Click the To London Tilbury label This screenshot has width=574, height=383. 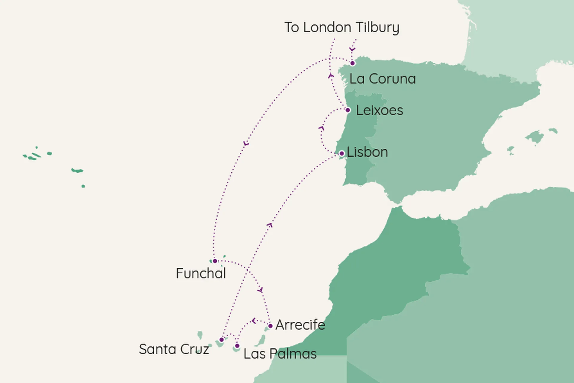pyautogui.click(x=341, y=28)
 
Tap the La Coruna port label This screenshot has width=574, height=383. pyautogui.click(x=382, y=79)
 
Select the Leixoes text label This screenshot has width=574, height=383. pyautogui.click(x=379, y=110)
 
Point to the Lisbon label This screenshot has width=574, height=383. pyautogui.click(x=367, y=152)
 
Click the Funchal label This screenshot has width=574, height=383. pyautogui.click(x=201, y=273)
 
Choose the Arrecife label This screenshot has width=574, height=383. pyautogui.click(x=300, y=325)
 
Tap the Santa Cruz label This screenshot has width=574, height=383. pyautogui.click(x=174, y=349)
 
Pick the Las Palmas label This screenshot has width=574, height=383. pyautogui.click(x=280, y=354)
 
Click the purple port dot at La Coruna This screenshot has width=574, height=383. pyautogui.click(x=352, y=63)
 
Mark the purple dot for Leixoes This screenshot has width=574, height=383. pyautogui.click(x=348, y=110)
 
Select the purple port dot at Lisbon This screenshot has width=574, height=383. pyautogui.click(x=342, y=153)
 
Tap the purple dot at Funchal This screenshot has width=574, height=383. pyautogui.click(x=215, y=261)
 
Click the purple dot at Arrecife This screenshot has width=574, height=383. pyautogui.click(x=270, y=326)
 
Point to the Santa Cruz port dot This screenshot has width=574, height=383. pyautogui.click(x=222, y=340)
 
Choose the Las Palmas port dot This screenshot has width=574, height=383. pyautogui.click(x=237, y=346)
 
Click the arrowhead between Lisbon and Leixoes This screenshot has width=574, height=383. pyautogui.click(x=321, y=128)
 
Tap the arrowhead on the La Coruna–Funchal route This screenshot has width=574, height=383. pyautogui.click(x=246, y=144)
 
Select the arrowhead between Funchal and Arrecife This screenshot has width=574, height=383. pyautogui.click(x=260, y=290)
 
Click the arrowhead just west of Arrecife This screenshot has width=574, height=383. pyautogui.click(x=254, y=321)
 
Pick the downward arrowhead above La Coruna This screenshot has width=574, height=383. pyautogui.click(x=352, y=49)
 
